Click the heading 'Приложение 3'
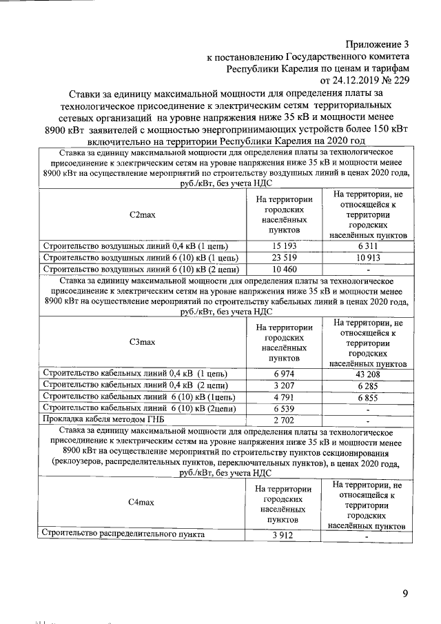(x=377, y=44)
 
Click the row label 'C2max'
(x=143, y=215)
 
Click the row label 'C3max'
(x=143, y=342)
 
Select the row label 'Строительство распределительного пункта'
(x=123, y=534)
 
